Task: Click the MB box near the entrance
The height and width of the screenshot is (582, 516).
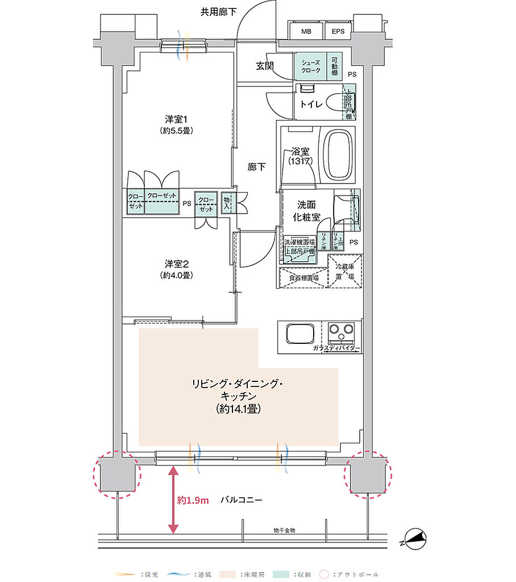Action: [306, 31]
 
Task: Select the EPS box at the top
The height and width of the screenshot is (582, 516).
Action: [338, 31]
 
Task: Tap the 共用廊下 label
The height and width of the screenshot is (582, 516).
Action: [218, 11]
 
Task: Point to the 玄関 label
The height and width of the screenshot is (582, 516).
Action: [264, 66]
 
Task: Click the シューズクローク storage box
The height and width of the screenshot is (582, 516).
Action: [310, 66]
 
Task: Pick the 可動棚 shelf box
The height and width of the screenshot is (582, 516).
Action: [336, 66]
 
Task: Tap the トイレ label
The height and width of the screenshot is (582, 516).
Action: [311, 104]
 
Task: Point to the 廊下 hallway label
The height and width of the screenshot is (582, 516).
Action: [256, 167]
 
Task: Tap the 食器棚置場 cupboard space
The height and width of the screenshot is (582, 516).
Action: [303, 278]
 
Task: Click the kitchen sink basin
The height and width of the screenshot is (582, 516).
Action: [301, 334]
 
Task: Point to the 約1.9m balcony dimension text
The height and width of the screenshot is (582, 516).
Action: [193, 501]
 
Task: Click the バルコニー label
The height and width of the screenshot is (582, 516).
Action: [241, 501]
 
